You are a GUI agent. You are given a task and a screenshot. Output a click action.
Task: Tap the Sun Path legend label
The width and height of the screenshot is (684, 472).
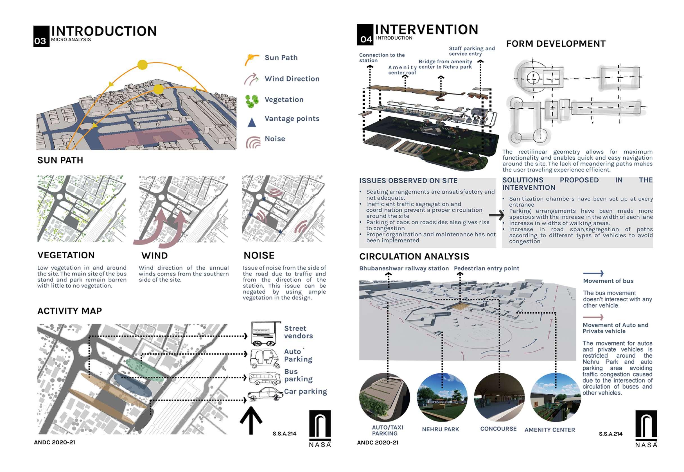tap(281, 58)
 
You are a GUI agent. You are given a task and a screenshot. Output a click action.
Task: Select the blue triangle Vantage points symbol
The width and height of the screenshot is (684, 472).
tap(252, 122)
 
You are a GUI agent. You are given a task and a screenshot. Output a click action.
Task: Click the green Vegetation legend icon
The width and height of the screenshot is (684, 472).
tap(252, 101)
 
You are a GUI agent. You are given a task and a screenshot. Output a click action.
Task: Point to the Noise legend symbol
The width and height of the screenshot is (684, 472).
tap(253, 143)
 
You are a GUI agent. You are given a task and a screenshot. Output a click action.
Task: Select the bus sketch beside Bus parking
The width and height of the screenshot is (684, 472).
tap(264, 378)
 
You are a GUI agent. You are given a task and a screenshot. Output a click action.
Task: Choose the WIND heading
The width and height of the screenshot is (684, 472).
tap(154, 256)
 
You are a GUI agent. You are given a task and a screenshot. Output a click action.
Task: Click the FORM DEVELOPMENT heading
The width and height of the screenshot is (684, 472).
tap(556, 44)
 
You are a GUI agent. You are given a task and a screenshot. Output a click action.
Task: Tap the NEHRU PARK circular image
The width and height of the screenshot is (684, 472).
tap(442, 397)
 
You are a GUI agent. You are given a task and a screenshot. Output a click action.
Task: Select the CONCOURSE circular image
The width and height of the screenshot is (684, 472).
tap(499, 397)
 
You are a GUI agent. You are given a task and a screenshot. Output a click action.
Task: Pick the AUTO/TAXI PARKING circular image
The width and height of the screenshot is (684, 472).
tap(384, 397)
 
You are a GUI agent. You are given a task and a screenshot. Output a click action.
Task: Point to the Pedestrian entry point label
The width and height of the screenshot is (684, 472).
tap(486, 268)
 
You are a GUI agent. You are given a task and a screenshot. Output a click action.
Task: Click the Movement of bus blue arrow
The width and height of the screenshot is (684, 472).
tap(593, 273)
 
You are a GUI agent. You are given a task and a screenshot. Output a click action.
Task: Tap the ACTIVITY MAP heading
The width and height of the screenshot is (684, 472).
tap(69, 311)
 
